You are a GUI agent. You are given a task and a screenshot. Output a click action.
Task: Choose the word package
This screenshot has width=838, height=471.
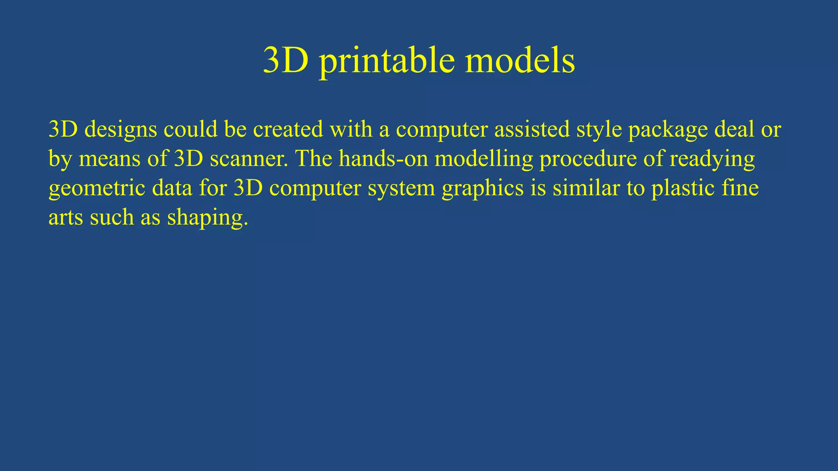(668, 130)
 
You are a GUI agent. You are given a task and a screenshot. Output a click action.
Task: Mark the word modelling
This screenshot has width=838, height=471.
(484, 159)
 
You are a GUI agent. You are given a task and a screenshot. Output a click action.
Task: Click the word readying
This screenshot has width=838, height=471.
(712, 159)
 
